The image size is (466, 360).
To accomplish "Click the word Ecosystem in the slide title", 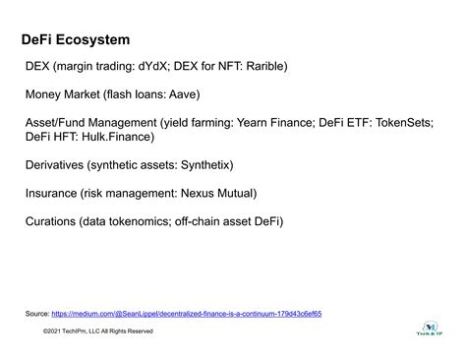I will pyautogui.click(x=94, y=40).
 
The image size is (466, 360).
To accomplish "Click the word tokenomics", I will pyautogui.click(x=156, y=222).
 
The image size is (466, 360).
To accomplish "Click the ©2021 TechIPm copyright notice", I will pyautogui.click(x=98, y=330).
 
